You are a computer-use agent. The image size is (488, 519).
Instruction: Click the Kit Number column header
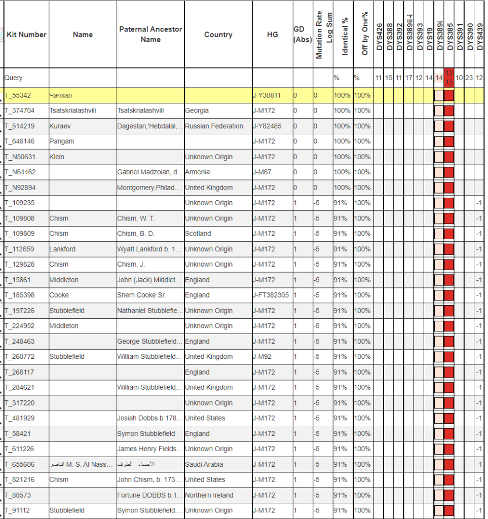[26, 34]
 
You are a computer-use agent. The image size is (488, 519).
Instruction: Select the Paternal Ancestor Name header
[151, 34]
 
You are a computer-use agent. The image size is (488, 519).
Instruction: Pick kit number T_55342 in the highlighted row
[18, 95]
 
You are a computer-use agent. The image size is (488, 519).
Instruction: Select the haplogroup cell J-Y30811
[267, 95]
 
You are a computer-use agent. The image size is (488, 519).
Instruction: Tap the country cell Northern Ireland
[209, 495]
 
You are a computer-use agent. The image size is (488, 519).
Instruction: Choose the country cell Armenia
[198, 172]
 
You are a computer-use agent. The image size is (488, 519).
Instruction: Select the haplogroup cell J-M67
[262, 172]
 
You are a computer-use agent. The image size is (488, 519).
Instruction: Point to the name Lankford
[63, 249]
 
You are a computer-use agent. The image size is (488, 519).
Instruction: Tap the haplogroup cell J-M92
[262, 356]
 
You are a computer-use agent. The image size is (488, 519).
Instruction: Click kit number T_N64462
[20, 172]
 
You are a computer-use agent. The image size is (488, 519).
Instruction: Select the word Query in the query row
[14, 78]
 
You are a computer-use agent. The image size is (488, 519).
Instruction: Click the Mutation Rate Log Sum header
[323, 34]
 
